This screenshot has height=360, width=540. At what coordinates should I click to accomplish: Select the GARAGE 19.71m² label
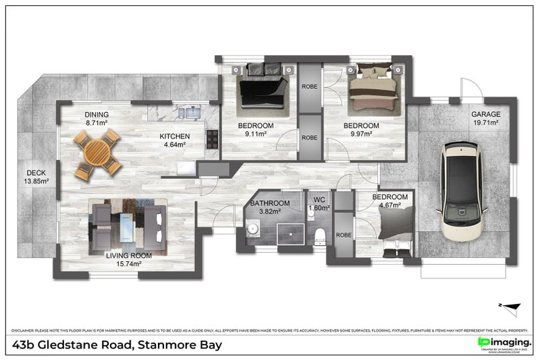[x=485, y=119]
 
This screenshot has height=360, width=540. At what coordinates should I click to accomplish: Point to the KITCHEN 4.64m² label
[x=175, y=140]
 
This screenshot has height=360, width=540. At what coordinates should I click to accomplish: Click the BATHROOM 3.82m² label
[x=270, y=207]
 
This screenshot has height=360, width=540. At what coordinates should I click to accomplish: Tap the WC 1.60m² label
[x=318, y=205]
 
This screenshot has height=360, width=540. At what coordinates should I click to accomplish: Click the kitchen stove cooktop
[x=211, y=139]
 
